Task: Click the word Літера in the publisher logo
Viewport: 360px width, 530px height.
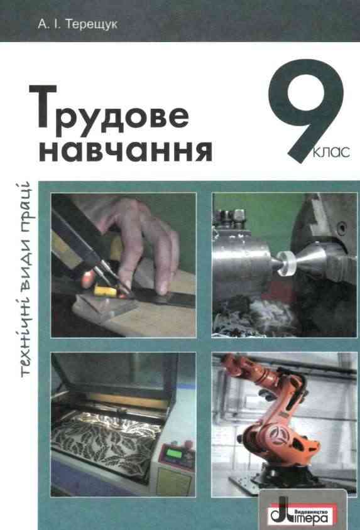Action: pyautogui.click(x=312, y=513)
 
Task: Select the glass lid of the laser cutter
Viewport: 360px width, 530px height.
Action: pyautogui.click(x=113, y=383)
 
